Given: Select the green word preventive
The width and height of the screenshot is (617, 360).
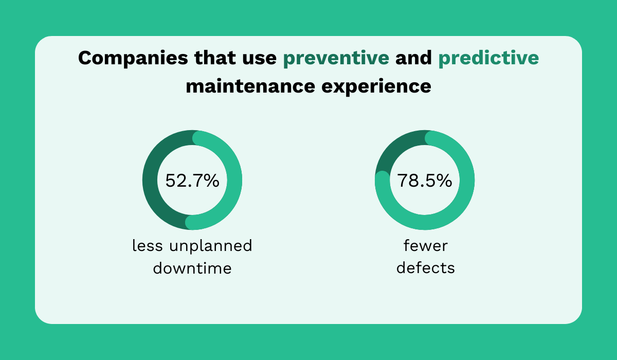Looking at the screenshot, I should (336, 58).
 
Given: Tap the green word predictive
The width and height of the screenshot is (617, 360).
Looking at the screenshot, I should (488, 58).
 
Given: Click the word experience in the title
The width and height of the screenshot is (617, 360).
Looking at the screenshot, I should (376, 86).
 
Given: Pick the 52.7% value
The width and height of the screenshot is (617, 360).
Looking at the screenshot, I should (192, 181).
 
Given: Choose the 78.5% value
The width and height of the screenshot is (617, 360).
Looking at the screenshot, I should (425, 181).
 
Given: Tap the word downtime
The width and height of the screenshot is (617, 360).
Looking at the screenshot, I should (192, 268).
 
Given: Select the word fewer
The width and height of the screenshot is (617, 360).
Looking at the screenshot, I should (425, 246).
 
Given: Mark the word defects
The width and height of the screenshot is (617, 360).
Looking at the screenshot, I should (425, 268).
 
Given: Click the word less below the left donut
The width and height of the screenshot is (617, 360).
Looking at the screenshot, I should (148, 246).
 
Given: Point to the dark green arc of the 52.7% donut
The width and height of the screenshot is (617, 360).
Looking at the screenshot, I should (150, 180).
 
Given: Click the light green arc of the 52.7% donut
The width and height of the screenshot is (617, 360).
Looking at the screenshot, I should (234, 180).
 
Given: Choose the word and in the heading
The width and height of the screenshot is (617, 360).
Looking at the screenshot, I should (413, 58).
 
